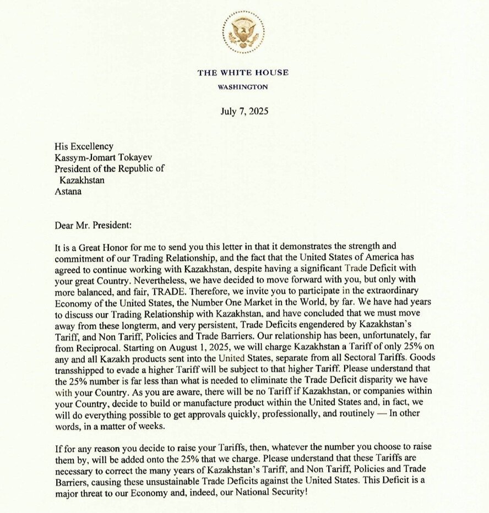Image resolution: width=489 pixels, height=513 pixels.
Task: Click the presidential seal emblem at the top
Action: pyautogui.click(x=243, y=32)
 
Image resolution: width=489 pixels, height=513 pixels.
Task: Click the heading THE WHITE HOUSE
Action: pyautogui.click(x=243, y=73)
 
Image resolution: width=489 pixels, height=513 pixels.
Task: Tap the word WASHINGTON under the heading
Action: pyautogui.click(x=243, y=87)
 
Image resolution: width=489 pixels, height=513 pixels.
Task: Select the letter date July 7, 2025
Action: pyautogui.click(x=244, y=111)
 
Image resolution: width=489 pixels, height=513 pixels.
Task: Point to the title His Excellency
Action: pyautogui.click(x=84, y=146)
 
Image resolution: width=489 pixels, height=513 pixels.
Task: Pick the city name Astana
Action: pyautogui.click(x=68, y=192)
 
